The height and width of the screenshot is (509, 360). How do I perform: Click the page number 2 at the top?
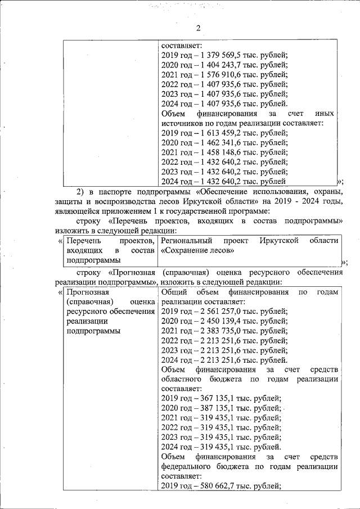(x=198, y=29)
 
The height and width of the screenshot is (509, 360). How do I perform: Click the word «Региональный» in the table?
(x=187, y=241)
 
